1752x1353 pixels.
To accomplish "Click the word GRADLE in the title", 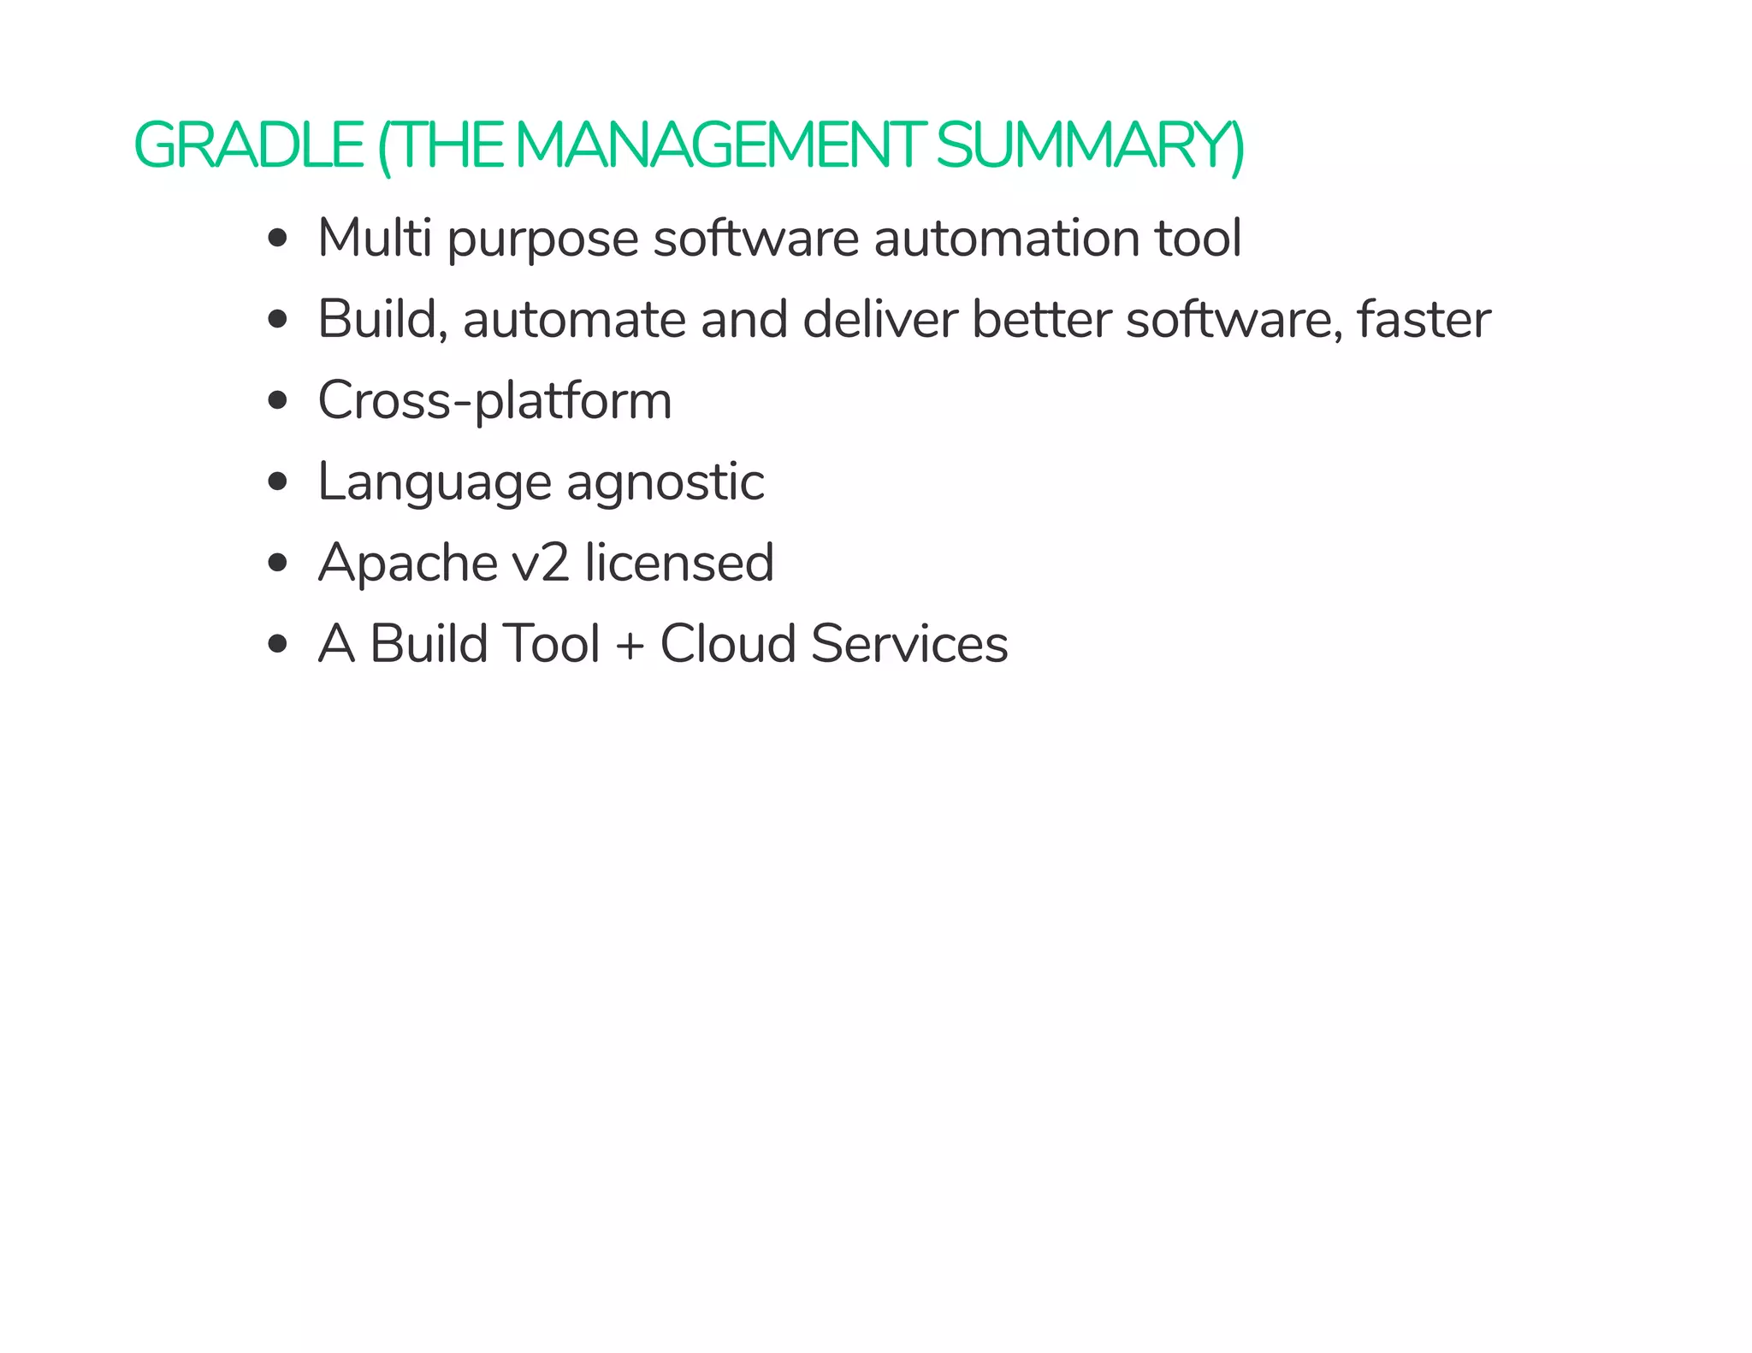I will tap(248, 145).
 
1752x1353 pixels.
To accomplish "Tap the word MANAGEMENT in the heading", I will tap(719, 145).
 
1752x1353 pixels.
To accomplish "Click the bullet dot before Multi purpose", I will tap(276, 239).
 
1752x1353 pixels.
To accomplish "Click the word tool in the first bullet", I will tap(1198, 238).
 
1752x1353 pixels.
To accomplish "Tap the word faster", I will tap(1423, 319).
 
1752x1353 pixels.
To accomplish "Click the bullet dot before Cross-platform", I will tap(276, 401).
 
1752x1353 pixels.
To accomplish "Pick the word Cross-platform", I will tap(494, 400).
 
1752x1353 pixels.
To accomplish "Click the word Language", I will tap(435, 482).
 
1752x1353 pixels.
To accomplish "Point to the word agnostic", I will tap(666, 482).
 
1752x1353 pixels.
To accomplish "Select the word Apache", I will tap(407, 563).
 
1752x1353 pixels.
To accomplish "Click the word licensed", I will tap(679, 563).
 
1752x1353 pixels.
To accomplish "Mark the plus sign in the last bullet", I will tap(630, 644).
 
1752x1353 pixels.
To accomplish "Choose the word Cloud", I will tap(727, 644).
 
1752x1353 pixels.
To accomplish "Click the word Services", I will tap(909, 644).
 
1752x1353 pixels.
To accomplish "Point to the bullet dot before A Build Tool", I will tap(276, 644).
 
